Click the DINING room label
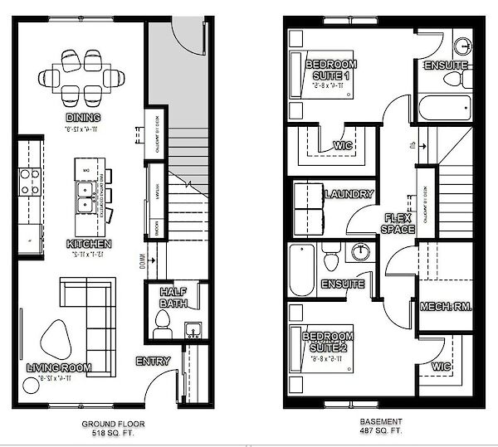point(81,119)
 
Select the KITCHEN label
point(90,244)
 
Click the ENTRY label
point(154,361)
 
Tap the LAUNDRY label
point(349,194)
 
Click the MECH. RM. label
point(446,306)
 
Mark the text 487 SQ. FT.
point(382,433)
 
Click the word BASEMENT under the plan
point(382,421)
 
